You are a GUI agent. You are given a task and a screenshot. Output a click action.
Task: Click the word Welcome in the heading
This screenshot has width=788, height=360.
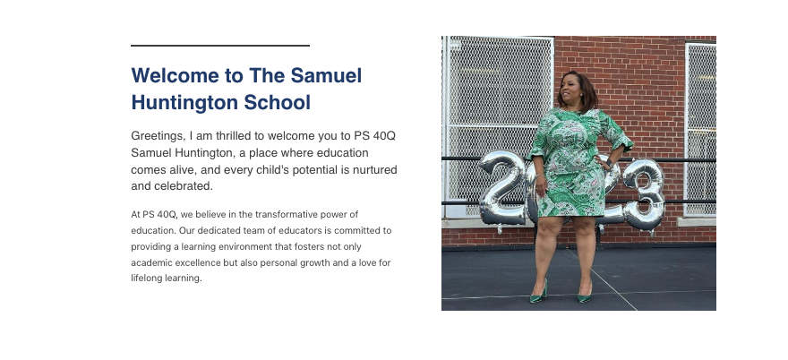(x=175, y=75)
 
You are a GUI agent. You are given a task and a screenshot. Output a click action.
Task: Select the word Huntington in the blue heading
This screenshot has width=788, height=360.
(x=184, y=103)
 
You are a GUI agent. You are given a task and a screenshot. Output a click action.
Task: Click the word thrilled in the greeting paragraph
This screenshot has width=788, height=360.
(x=234, y=136)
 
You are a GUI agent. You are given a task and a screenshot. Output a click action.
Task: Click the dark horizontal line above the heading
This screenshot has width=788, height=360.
(x=220, y=46)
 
